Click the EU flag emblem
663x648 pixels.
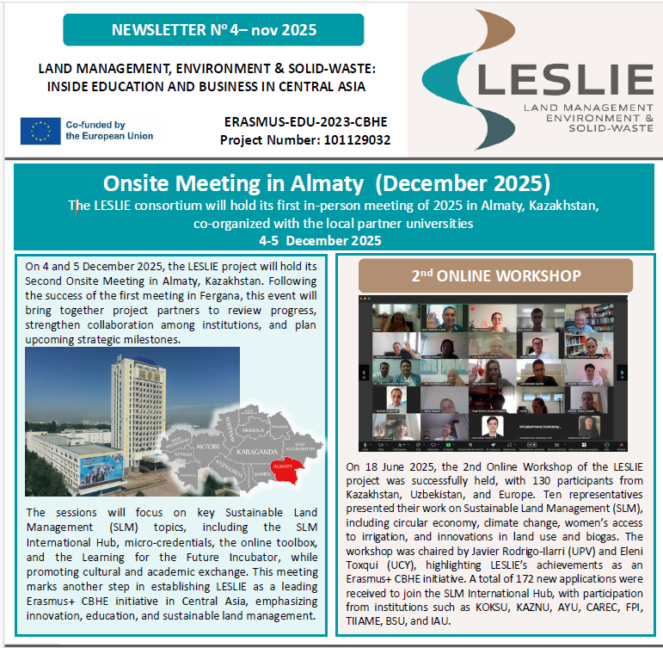tap(40, 130)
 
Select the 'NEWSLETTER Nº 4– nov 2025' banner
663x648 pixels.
tap(213, 31)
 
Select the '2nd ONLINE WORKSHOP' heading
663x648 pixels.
tap(495, 275)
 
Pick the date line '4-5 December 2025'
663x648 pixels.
tap(331, 240)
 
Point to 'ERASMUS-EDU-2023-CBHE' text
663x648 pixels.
tap(305, 122)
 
